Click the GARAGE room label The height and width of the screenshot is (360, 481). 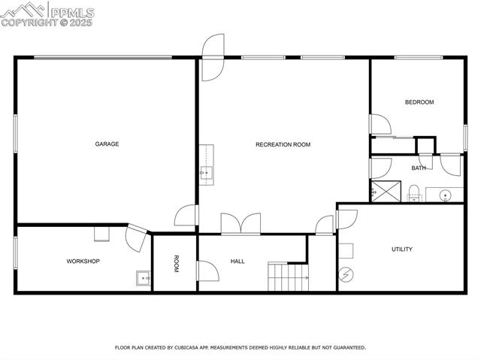click(x=107, y=144)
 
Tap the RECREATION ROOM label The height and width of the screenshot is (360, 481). click(x=283, y=144)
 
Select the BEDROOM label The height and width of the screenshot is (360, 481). click(x=419, y=102)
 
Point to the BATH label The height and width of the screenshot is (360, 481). click(x=418, y=168)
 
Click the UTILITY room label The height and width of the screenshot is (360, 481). click(x=402, y=249)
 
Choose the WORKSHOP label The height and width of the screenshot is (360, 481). click(x=83, y=261)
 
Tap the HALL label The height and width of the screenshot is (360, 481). click(x=237, y=261)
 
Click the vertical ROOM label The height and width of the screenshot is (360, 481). click(x=177, y=264)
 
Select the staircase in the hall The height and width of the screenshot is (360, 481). click(x=289, y=277)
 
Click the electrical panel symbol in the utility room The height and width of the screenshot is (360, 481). click(x=346, y=274)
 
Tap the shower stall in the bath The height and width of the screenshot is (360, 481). click(x=386, y=191)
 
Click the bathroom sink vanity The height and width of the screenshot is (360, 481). click(x=444, y=195)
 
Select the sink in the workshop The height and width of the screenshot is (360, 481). click(x=143, y=278)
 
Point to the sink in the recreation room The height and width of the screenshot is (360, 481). click(x=206, y=174)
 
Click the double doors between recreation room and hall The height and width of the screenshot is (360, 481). click(x=240, y=224)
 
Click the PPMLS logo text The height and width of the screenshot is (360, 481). click(x=71, y=12)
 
